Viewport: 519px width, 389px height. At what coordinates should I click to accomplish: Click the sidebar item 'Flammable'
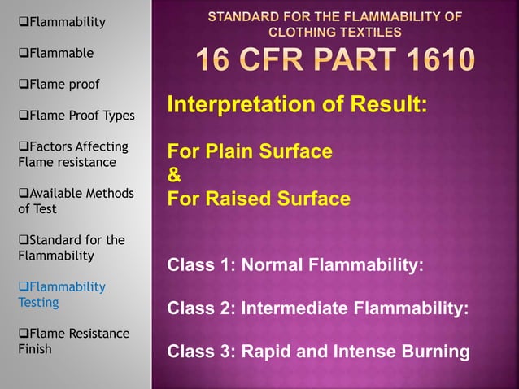point(57,53)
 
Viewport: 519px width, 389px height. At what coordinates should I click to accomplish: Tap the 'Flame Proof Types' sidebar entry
point(76,116)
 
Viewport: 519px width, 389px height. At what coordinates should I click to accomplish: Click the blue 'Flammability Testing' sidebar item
point(62,294)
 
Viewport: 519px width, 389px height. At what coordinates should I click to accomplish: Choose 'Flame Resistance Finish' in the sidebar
point(73,341)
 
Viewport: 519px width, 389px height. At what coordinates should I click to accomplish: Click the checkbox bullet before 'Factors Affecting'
point(23,146)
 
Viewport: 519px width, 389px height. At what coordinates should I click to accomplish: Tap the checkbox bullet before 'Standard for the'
point(23,240)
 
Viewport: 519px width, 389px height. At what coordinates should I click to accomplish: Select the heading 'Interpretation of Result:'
point(297,106)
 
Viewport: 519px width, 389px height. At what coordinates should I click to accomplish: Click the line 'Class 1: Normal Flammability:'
point(294,265)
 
